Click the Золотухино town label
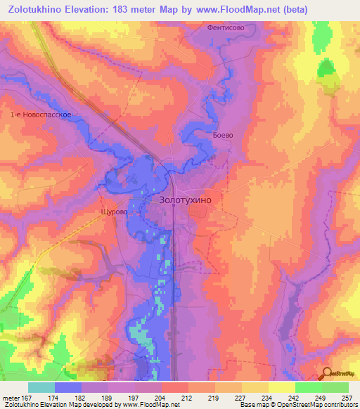point(181,200)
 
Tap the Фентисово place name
point(226,28)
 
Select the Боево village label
point(222,135)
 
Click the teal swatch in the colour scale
point(41,387)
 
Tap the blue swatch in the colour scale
point(68,387)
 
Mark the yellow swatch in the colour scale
point(281,387)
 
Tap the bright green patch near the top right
point(326,67)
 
